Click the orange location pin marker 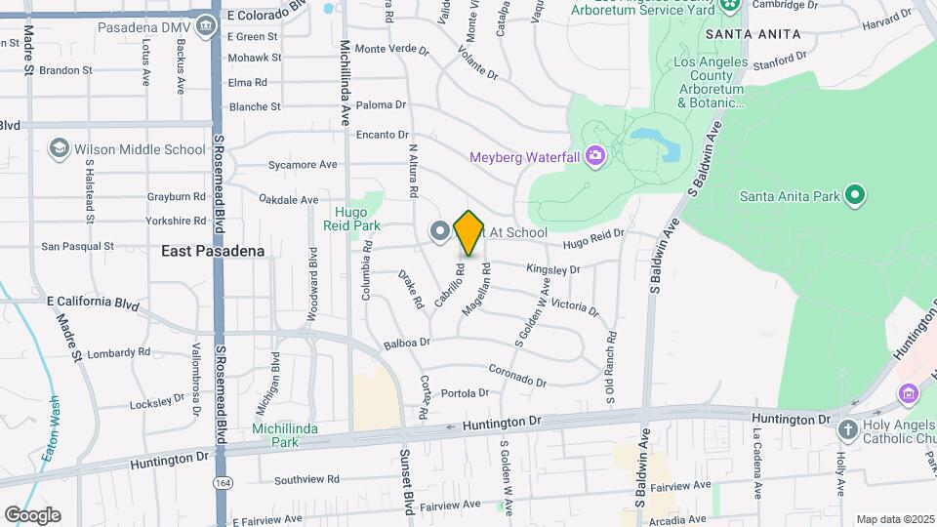[469, 232]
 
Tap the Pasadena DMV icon [205, 26]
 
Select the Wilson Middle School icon [59, 149]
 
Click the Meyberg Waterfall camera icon [594, 156]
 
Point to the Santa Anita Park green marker [855, 196]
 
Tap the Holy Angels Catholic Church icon [847, 428]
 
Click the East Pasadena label [213, 251]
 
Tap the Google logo [31, 514]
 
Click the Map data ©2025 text [894, 519]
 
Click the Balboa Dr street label [407, 343]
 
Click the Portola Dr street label [465, 393]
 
